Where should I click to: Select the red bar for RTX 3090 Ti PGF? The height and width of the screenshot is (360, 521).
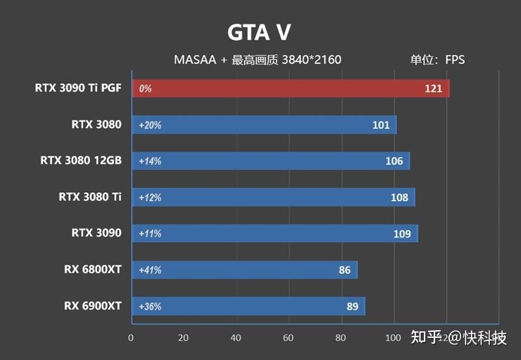(290, 89)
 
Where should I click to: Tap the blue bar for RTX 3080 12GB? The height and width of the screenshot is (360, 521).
(270, 161)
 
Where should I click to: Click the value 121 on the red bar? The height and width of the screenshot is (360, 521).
(433, 89)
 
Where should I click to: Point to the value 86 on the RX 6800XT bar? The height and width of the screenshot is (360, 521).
(345, 270)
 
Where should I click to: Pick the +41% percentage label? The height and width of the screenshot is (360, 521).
(150, 270)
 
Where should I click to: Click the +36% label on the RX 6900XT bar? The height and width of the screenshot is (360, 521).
(150, 307)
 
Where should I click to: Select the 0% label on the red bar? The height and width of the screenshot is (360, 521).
(145, 89)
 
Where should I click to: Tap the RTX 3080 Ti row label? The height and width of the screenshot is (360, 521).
(90, 197)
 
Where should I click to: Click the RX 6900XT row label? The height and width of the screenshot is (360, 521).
(92, 305)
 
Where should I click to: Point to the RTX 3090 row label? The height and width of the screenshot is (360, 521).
(96, 232)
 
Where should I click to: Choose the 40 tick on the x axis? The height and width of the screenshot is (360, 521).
(236, 338)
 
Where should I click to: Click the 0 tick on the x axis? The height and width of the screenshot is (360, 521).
(131, 338)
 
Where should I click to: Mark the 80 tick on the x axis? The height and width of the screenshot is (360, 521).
(341, 338)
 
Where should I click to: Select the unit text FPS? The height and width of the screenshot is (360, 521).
(455, 60)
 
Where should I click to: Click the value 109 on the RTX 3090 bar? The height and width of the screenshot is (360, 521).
(402, 234)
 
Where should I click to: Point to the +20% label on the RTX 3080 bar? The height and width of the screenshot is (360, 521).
(150, 125)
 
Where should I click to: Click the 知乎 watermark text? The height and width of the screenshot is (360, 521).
(426, 337)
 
